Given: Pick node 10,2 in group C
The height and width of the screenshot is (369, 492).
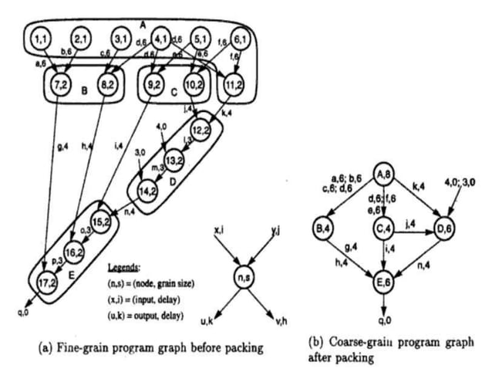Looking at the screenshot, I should coord(194,83).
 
